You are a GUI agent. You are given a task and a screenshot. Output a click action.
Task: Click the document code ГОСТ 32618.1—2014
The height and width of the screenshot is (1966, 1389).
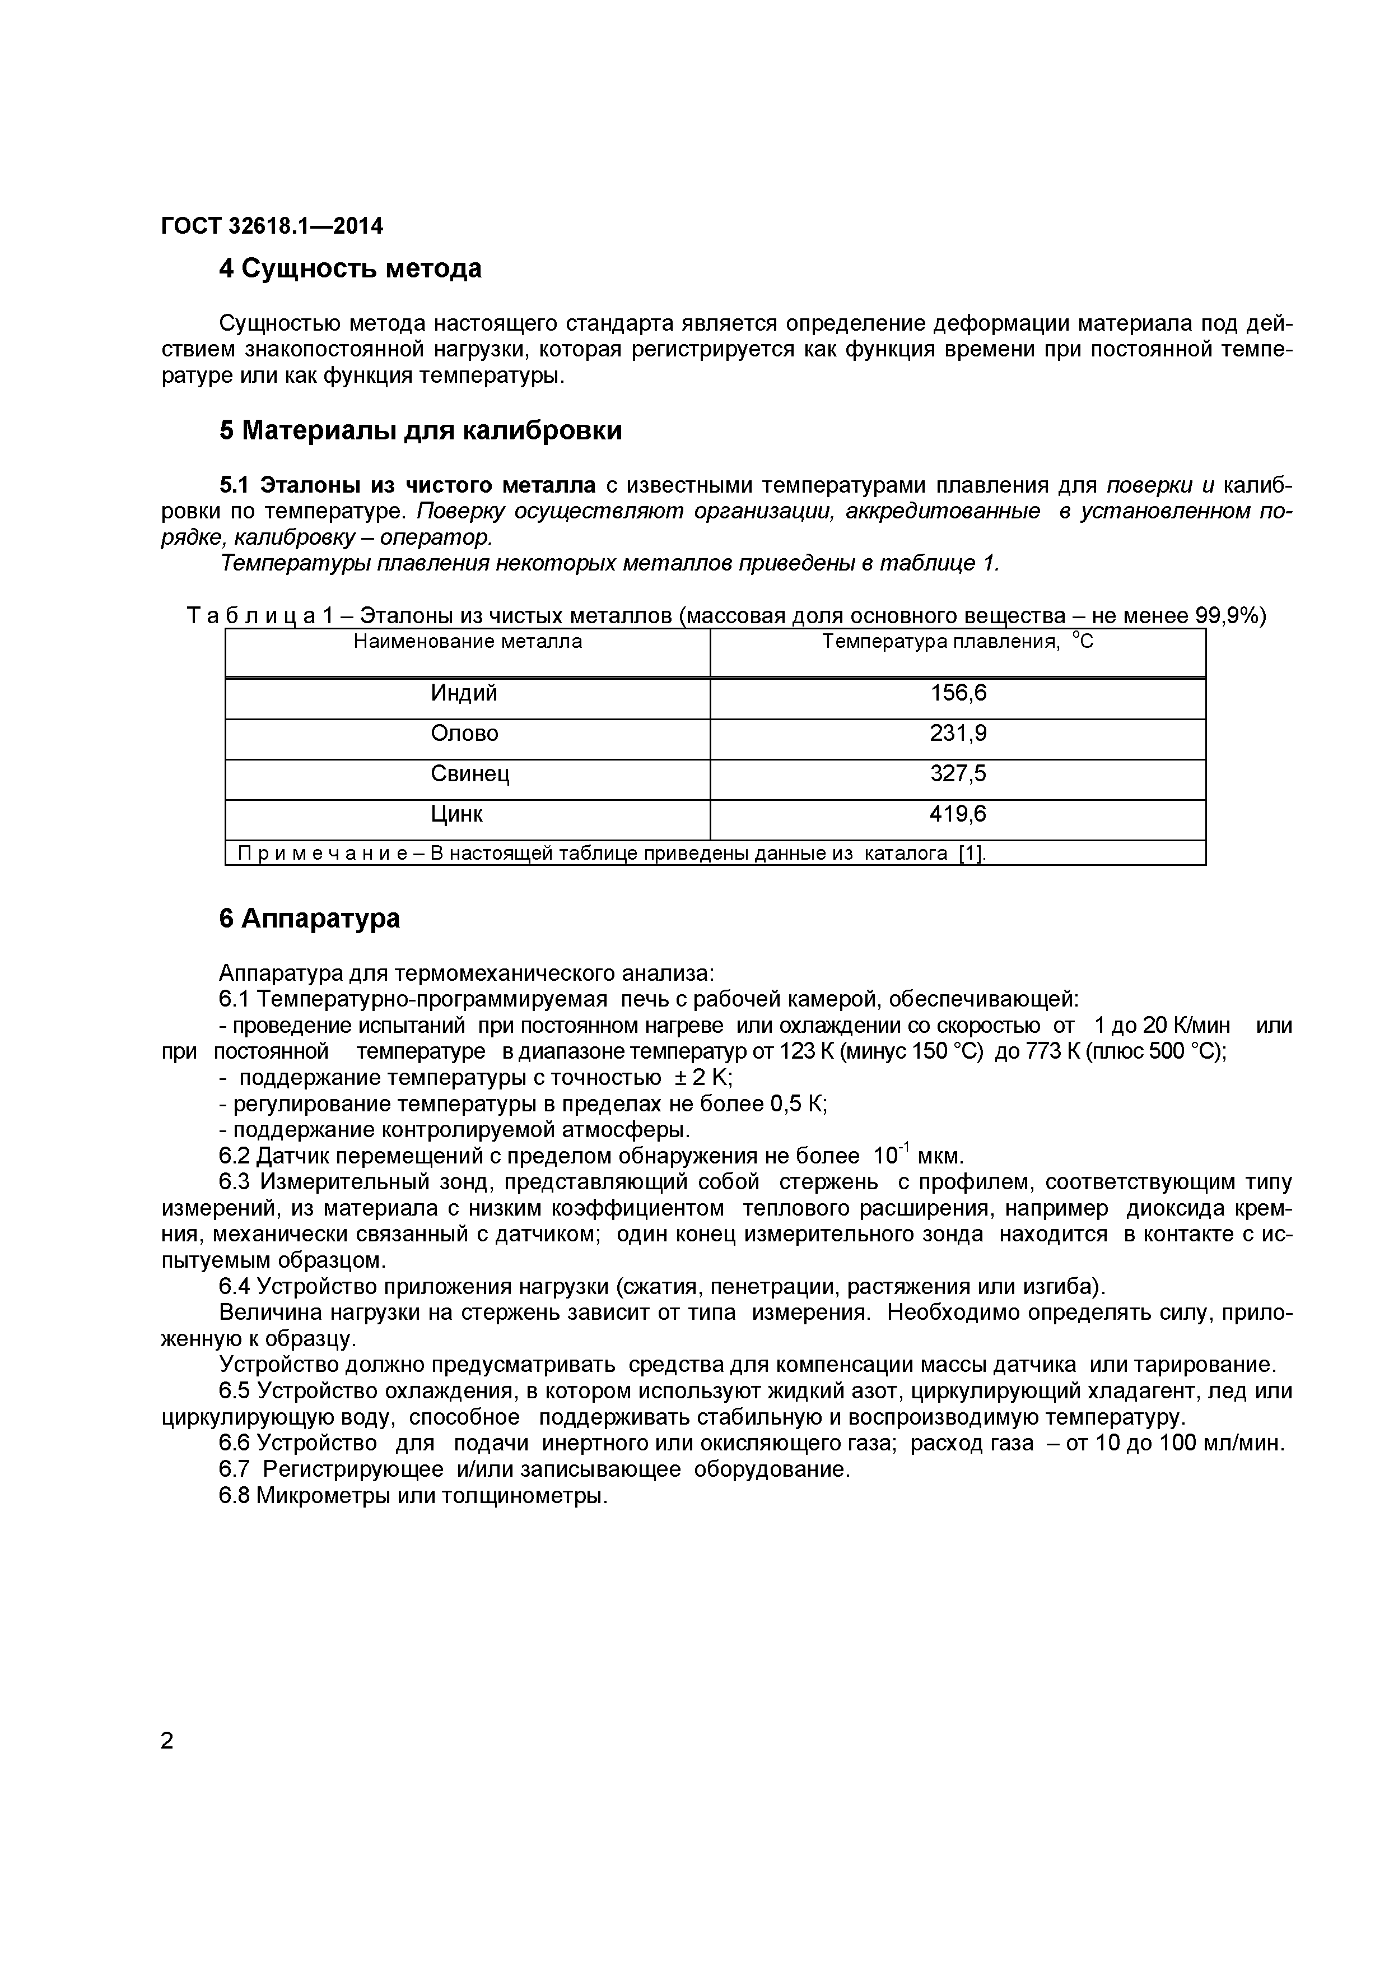pyautogui.click(x=272, y=226)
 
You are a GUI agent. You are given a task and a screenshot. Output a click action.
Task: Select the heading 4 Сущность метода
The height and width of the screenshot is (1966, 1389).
pyautogui.click(x=350, y=269)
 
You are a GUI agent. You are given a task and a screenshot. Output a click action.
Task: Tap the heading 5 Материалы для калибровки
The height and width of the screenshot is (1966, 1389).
pyautogui.click(x=420, y=431)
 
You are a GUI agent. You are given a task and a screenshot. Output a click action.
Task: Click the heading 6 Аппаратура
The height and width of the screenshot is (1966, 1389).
pyautogui.click(x=309, y=919)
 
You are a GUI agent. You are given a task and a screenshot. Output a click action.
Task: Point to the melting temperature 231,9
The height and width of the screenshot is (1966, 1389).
pyautogui.click(x=958, y=734)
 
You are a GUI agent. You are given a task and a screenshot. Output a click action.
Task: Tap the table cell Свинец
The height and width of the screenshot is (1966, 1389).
pyautogui.click(x=470, y=774)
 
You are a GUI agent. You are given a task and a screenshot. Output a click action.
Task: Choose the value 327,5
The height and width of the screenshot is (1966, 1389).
pyautogui.click(x=958, y=774)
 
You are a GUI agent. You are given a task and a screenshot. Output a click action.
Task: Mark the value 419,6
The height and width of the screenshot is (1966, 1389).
pyautogui.click(x=958, y=814)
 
